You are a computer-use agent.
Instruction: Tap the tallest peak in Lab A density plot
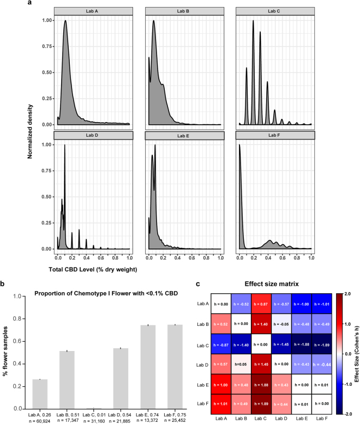point(65,22)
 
